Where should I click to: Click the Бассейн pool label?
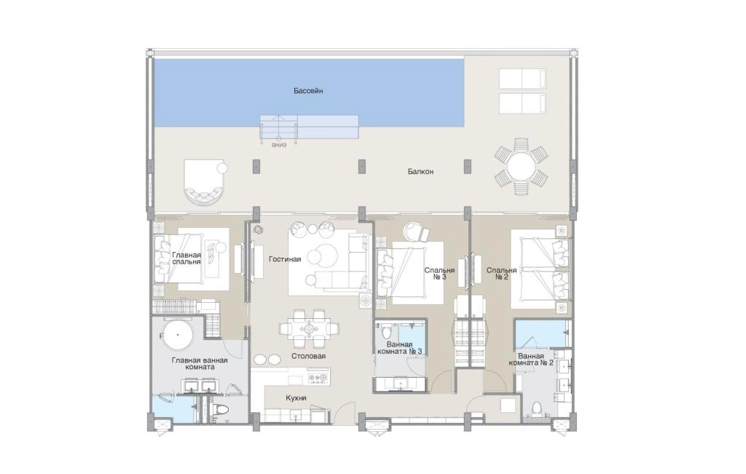tap(308, 90)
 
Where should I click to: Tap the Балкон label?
tap(420, 171)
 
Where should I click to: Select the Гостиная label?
tap(285, 259)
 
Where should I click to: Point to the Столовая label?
tap(309, 356)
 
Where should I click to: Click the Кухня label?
tap(296, 398)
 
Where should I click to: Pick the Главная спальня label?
tap(186, 258)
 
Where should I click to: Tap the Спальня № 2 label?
tap(501, 273)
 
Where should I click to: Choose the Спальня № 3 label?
tap(439, 273)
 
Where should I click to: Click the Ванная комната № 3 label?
tap(400, 347)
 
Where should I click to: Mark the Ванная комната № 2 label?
tap(531, 359)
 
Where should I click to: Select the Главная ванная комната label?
tap(200, 364)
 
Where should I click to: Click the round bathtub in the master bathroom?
tap(178, 336)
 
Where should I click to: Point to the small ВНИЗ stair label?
tap(279, 146)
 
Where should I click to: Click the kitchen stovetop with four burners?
tap(318, 379)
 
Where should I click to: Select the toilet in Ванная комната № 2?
tap(537, 409)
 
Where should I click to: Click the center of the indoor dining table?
tap(309, 328)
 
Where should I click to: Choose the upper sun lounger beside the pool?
tap(522, 79)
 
